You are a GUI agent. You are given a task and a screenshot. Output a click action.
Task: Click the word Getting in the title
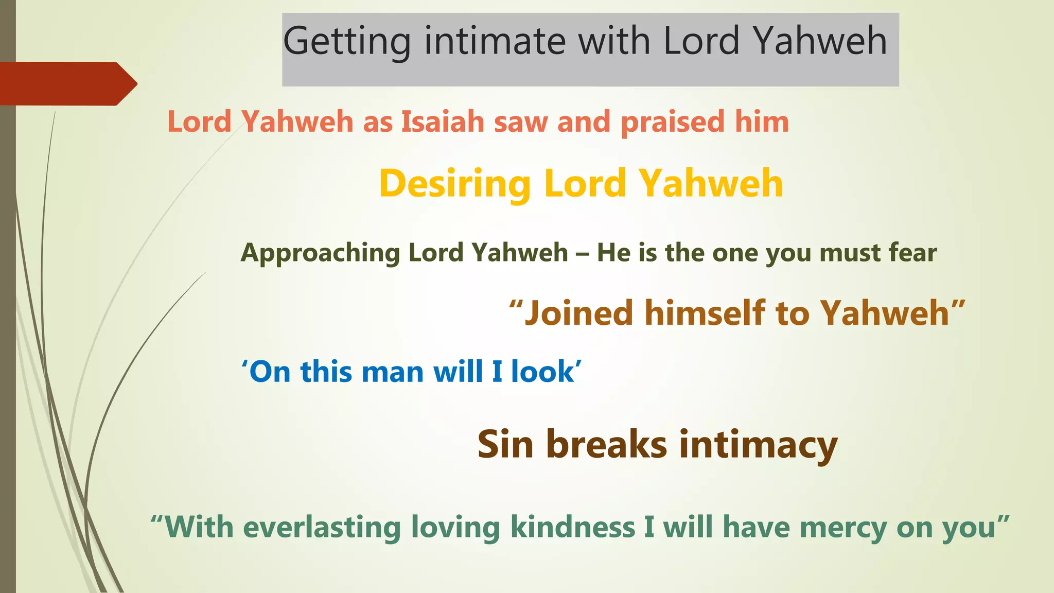pyautogui.click(x=347, y=41)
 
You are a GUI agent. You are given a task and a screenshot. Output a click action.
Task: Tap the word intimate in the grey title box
pyautogui.click(x=495, y=41)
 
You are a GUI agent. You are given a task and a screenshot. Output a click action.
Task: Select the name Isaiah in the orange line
pyautogui.click(x=443, y=123)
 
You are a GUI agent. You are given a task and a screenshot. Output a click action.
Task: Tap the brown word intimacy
pyautogui.click(x=759, y=445)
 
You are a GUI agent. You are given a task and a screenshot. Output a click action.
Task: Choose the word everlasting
pyautogui.click(x=322, y=528)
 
